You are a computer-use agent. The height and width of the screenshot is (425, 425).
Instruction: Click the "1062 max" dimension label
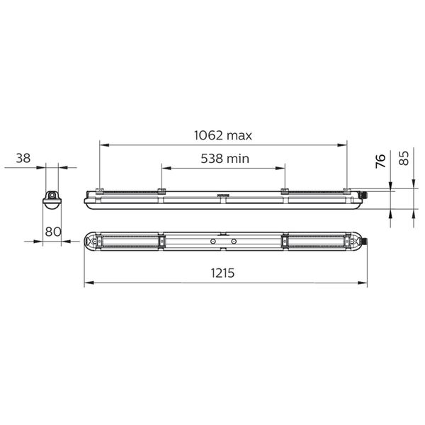223,135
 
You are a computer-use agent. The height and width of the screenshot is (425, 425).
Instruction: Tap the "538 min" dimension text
225,159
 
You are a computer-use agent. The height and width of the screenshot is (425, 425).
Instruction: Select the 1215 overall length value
222,273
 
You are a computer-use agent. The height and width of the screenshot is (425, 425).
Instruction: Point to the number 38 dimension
23,158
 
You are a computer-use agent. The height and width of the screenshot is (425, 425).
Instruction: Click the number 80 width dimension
53,232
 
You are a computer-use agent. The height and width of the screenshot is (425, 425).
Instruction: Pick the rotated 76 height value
380,161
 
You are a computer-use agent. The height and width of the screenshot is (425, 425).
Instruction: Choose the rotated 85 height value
404,158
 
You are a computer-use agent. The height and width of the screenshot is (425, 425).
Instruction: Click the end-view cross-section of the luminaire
52,200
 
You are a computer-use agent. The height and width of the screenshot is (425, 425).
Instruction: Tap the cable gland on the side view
363,195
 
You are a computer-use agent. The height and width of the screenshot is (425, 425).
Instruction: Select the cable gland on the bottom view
364,241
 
